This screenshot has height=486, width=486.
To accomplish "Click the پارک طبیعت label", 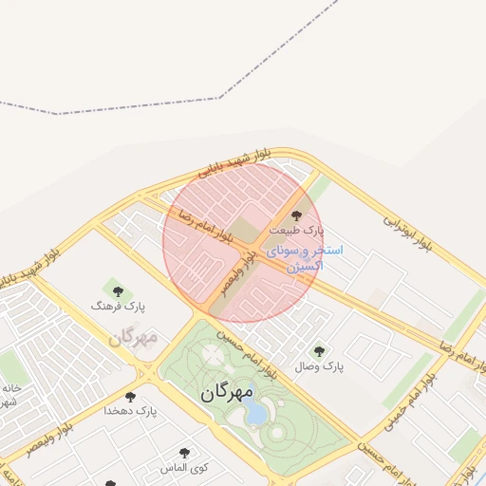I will coord(296,231).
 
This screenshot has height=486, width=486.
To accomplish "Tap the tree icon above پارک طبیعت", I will coord(296,215).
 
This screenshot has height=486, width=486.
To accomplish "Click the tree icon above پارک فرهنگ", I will coord(118,291).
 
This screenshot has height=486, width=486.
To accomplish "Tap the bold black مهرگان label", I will coord(227,391).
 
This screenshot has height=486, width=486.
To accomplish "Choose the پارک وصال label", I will coord(318,365).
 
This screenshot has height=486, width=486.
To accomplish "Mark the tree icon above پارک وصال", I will coord(318,350).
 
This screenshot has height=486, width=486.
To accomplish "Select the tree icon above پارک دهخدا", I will coord(130,396).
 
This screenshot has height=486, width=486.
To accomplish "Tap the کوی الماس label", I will coord(185,468).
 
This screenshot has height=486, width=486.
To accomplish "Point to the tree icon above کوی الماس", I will coord(184,453).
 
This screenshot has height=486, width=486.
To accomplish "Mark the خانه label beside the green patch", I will coord(11,388).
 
